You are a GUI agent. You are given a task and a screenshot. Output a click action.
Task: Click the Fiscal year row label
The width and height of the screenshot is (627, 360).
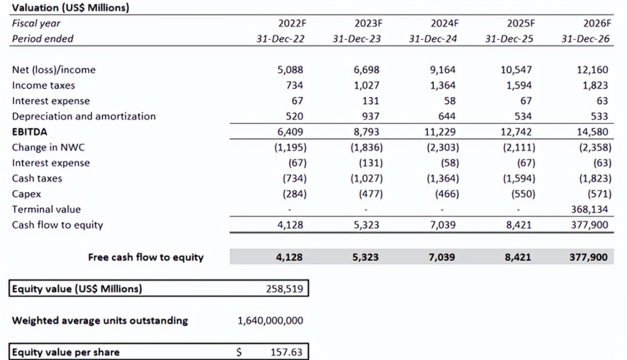click(36, 24)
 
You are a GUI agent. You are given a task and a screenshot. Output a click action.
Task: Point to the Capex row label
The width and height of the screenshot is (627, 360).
click(26, 194)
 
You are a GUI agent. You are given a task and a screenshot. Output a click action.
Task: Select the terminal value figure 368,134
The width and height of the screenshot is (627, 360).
click(589, 209)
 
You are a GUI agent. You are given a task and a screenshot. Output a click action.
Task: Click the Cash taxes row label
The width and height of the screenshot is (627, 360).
click(37, 178)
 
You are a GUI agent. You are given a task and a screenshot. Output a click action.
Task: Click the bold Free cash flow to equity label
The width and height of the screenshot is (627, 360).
click(146, 256)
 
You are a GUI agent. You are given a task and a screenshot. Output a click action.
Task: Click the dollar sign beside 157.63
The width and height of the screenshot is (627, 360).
click(239, 352)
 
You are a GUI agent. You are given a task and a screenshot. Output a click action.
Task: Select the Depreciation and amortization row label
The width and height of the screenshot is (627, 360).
click(84, 116)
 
